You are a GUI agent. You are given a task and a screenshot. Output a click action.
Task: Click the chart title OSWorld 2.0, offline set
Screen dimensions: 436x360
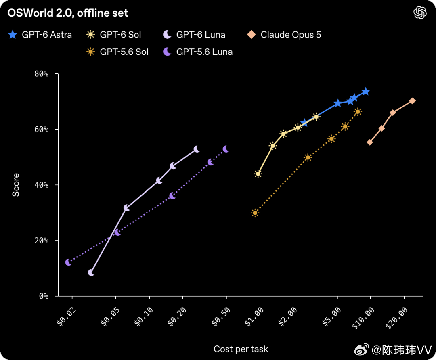[x=67, y=13]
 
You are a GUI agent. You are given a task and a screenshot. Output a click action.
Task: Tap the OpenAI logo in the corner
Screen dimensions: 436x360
[x=420, y=13]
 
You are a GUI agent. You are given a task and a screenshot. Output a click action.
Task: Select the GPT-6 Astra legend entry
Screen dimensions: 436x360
[x=40, y=35]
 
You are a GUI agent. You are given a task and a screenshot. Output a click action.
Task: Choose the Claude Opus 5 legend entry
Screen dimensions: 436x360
[x=284, y=35]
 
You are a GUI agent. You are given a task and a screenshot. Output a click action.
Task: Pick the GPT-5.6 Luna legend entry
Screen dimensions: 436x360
[x=198, y=52]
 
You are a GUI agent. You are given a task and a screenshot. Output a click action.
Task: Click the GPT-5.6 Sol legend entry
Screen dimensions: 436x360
[x=117, y=52]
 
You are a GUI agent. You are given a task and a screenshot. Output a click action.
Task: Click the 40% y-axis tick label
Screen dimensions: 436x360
[x=42, y=185]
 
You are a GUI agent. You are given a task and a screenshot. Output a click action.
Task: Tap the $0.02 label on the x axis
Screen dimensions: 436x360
[x=67, y=316]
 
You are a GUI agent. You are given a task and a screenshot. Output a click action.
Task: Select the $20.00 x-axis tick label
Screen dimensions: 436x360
[x=396, y=318]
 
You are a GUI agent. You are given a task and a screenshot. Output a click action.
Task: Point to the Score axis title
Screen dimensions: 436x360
[x=16, y=185]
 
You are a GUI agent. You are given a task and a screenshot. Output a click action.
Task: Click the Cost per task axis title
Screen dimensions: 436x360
[x=241, y=349]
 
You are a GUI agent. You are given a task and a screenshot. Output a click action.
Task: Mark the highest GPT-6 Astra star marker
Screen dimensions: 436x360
[x=366, y=92]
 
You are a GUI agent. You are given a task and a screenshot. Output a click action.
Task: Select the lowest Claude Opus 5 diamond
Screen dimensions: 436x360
[x=370, y=142]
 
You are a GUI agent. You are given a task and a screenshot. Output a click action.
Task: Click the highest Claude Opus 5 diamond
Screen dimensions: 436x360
[x=412, y=100]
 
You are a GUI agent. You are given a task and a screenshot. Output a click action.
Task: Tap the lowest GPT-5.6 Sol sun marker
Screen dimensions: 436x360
[x=255, y=213]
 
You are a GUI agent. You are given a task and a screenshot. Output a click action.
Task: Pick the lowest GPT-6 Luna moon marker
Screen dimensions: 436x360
[x=91, y=273]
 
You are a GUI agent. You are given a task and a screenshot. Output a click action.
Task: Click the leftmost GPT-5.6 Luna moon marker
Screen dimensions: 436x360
[x=68, y=262]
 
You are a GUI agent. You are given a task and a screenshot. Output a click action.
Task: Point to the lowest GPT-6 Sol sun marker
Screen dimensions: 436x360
[x=258, y=174]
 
